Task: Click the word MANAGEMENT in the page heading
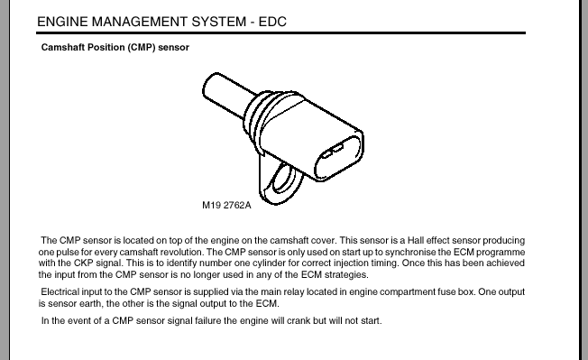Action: tap(140, 22)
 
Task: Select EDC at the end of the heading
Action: tap(272, 22)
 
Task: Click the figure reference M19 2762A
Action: tap(226, 205)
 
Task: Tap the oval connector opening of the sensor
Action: tap(338, 158)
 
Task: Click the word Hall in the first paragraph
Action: tap(416, 240)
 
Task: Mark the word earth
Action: tap(90, 303)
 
